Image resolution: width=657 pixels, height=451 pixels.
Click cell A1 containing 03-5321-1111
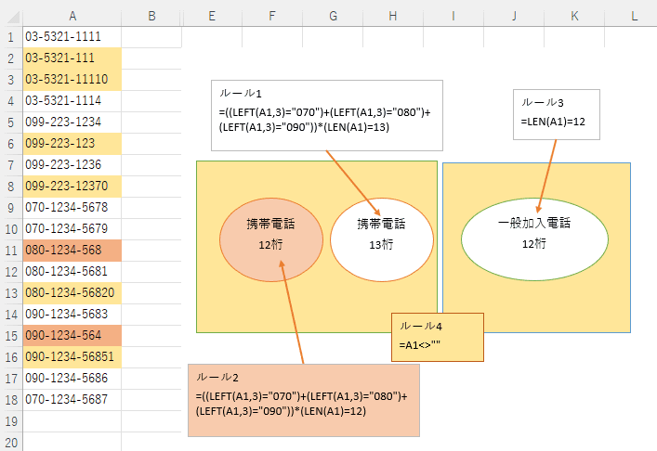point(72,37)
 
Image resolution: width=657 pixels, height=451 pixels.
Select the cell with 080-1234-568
point(72,251)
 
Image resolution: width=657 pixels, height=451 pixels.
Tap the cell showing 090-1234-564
point(72,336)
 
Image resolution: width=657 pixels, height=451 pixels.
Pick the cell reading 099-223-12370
point(72,187)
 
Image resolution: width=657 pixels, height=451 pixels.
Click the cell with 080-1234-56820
point(72,293)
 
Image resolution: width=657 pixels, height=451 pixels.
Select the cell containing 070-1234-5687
point(72,400)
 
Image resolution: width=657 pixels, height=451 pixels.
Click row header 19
point(11,421)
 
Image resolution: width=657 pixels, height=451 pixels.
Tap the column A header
point(72,16)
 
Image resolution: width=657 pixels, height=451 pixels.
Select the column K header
point(574,16)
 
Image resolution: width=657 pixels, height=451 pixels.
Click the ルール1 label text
point(241,94)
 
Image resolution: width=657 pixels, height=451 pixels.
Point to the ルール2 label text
point(217,378)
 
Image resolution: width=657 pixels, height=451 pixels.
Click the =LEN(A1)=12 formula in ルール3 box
point(553,122)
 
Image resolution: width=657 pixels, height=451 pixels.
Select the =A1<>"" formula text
point(419,345)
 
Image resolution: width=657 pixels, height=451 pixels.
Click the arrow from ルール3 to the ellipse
point(546,176)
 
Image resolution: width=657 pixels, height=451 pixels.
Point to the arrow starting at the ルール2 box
point(292,312)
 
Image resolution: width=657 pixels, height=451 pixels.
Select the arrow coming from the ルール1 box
point(353,183)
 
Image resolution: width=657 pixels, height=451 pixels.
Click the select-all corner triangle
point(14,18)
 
